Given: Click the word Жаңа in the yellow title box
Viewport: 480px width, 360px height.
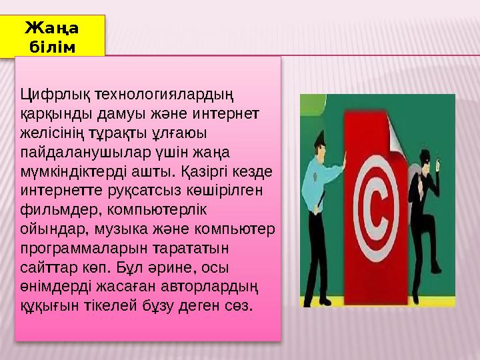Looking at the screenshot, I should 51,27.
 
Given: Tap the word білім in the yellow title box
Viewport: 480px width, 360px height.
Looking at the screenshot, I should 52,45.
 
